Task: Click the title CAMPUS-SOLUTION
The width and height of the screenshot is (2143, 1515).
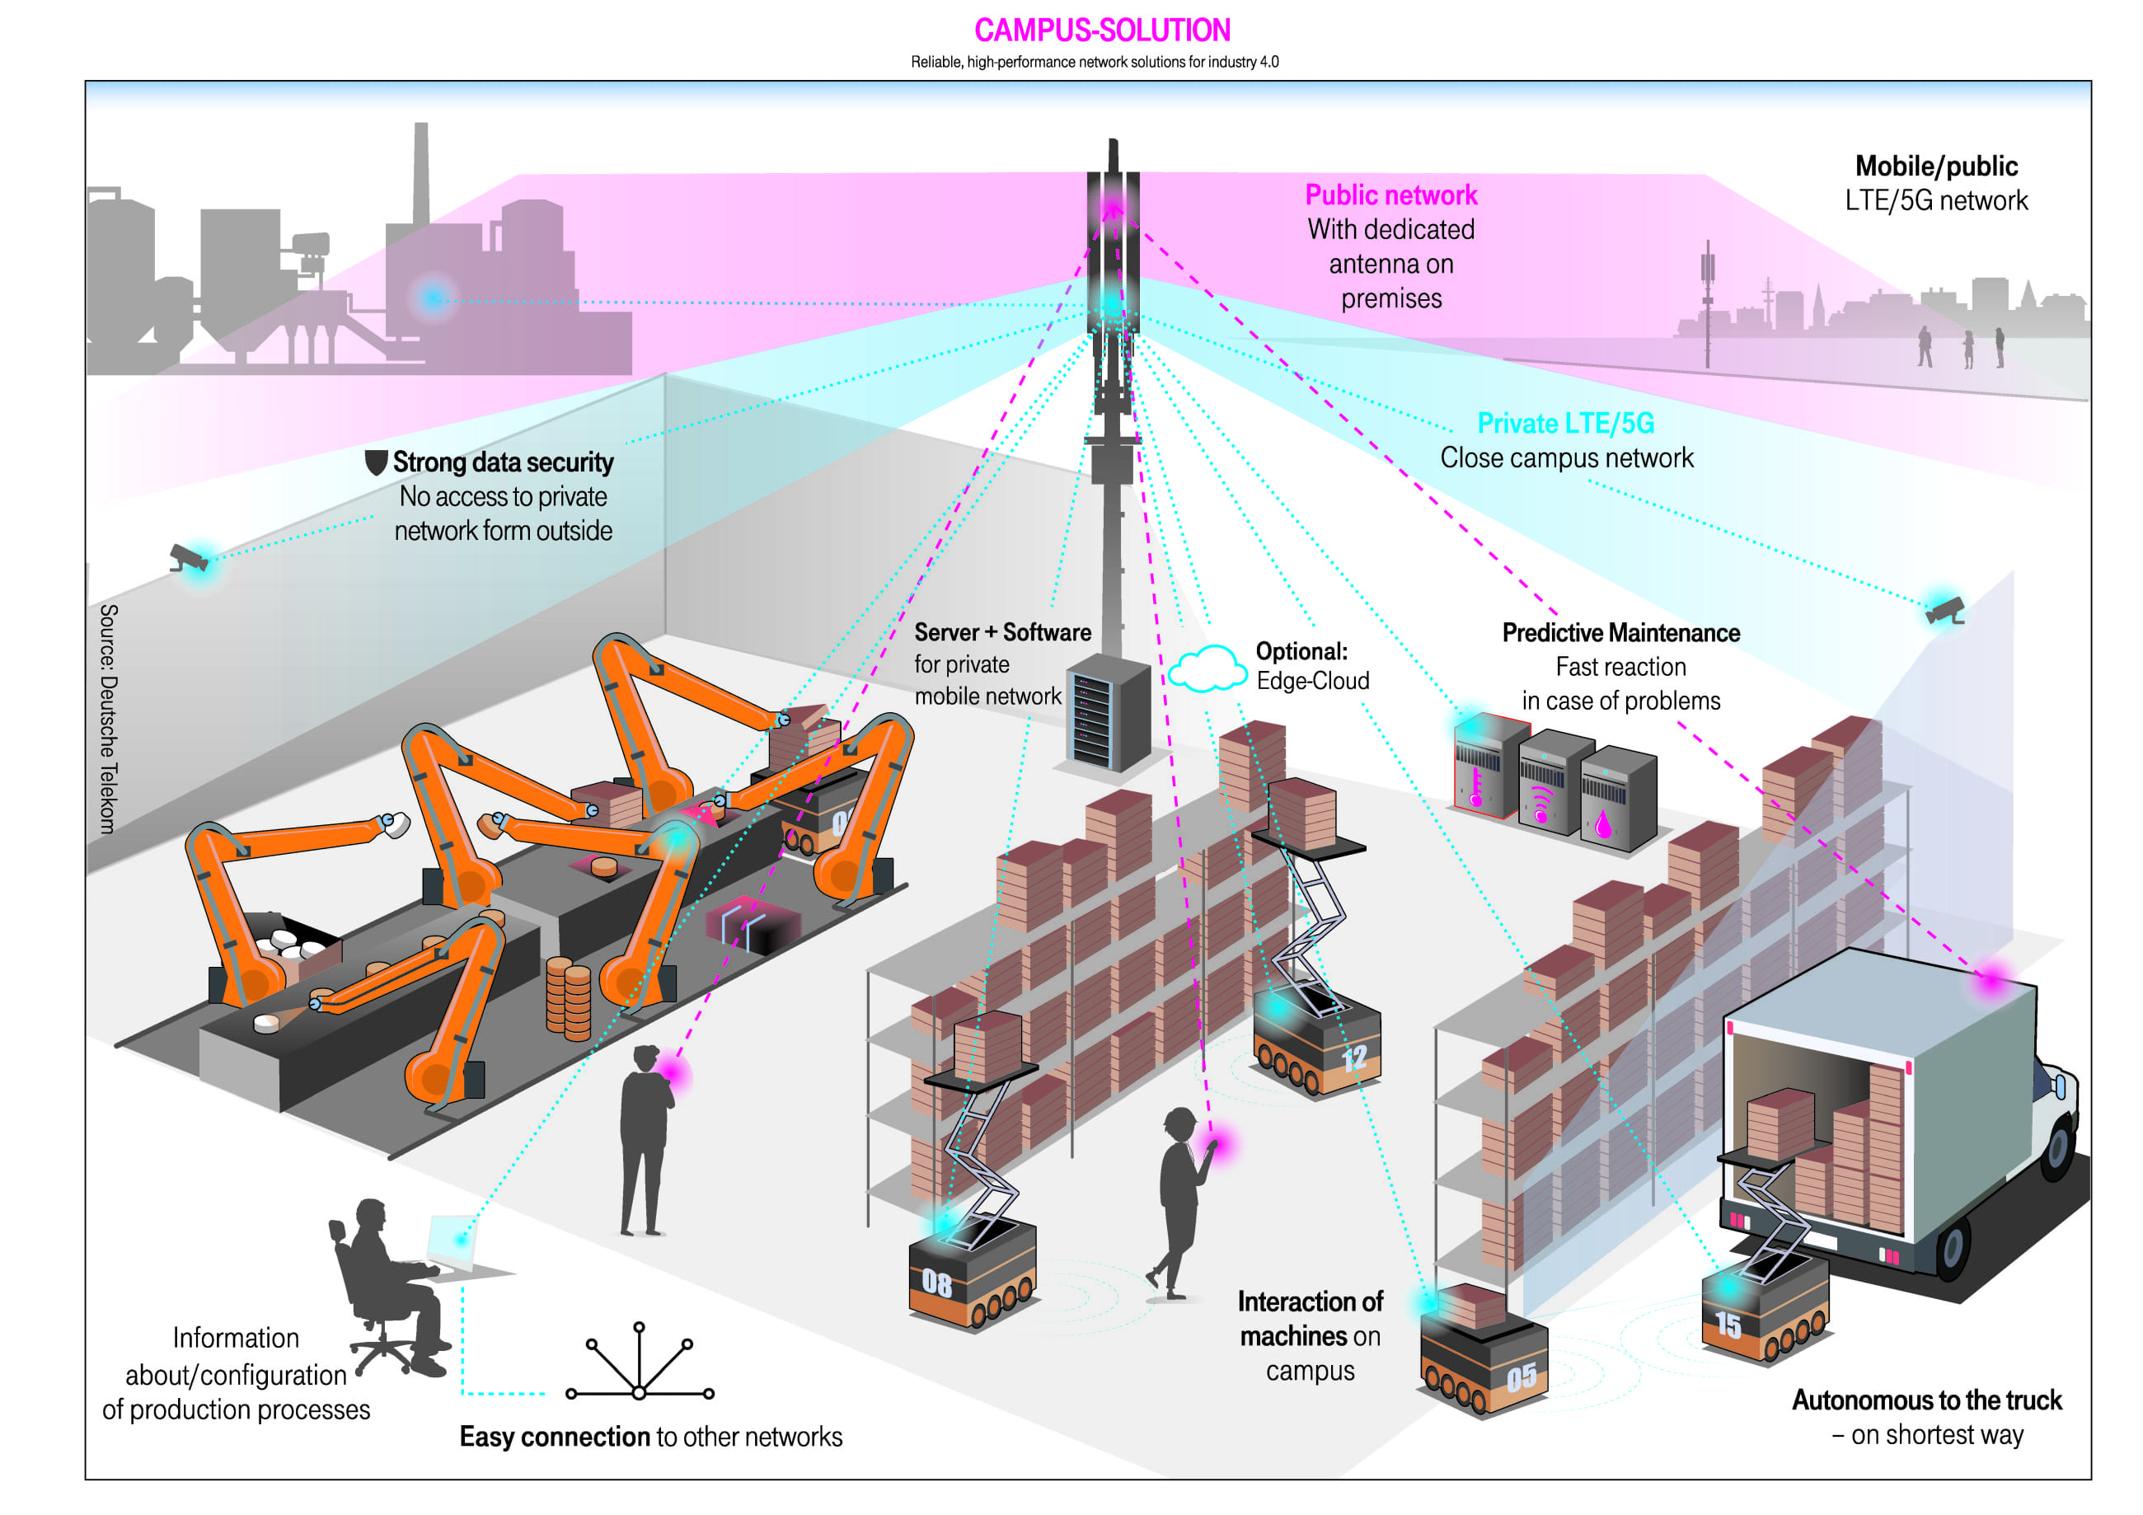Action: (1101, 30)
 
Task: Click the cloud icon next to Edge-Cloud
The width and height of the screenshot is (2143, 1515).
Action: (1207, 668)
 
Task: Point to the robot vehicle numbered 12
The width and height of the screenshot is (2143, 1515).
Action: (1316, 1045)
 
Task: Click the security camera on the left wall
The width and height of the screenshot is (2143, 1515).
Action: (189, 558)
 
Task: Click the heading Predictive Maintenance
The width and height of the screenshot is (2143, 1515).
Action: (1620, 633)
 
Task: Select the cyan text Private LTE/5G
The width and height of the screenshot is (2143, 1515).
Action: (1565, 424)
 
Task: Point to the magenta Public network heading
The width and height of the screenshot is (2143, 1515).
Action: (1390, 195)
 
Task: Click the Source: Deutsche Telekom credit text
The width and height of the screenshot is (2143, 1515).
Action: (108, 718)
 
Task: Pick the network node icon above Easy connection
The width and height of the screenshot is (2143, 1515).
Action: (640, 1363)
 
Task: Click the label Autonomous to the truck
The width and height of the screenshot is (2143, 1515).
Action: (1926, 1400)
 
